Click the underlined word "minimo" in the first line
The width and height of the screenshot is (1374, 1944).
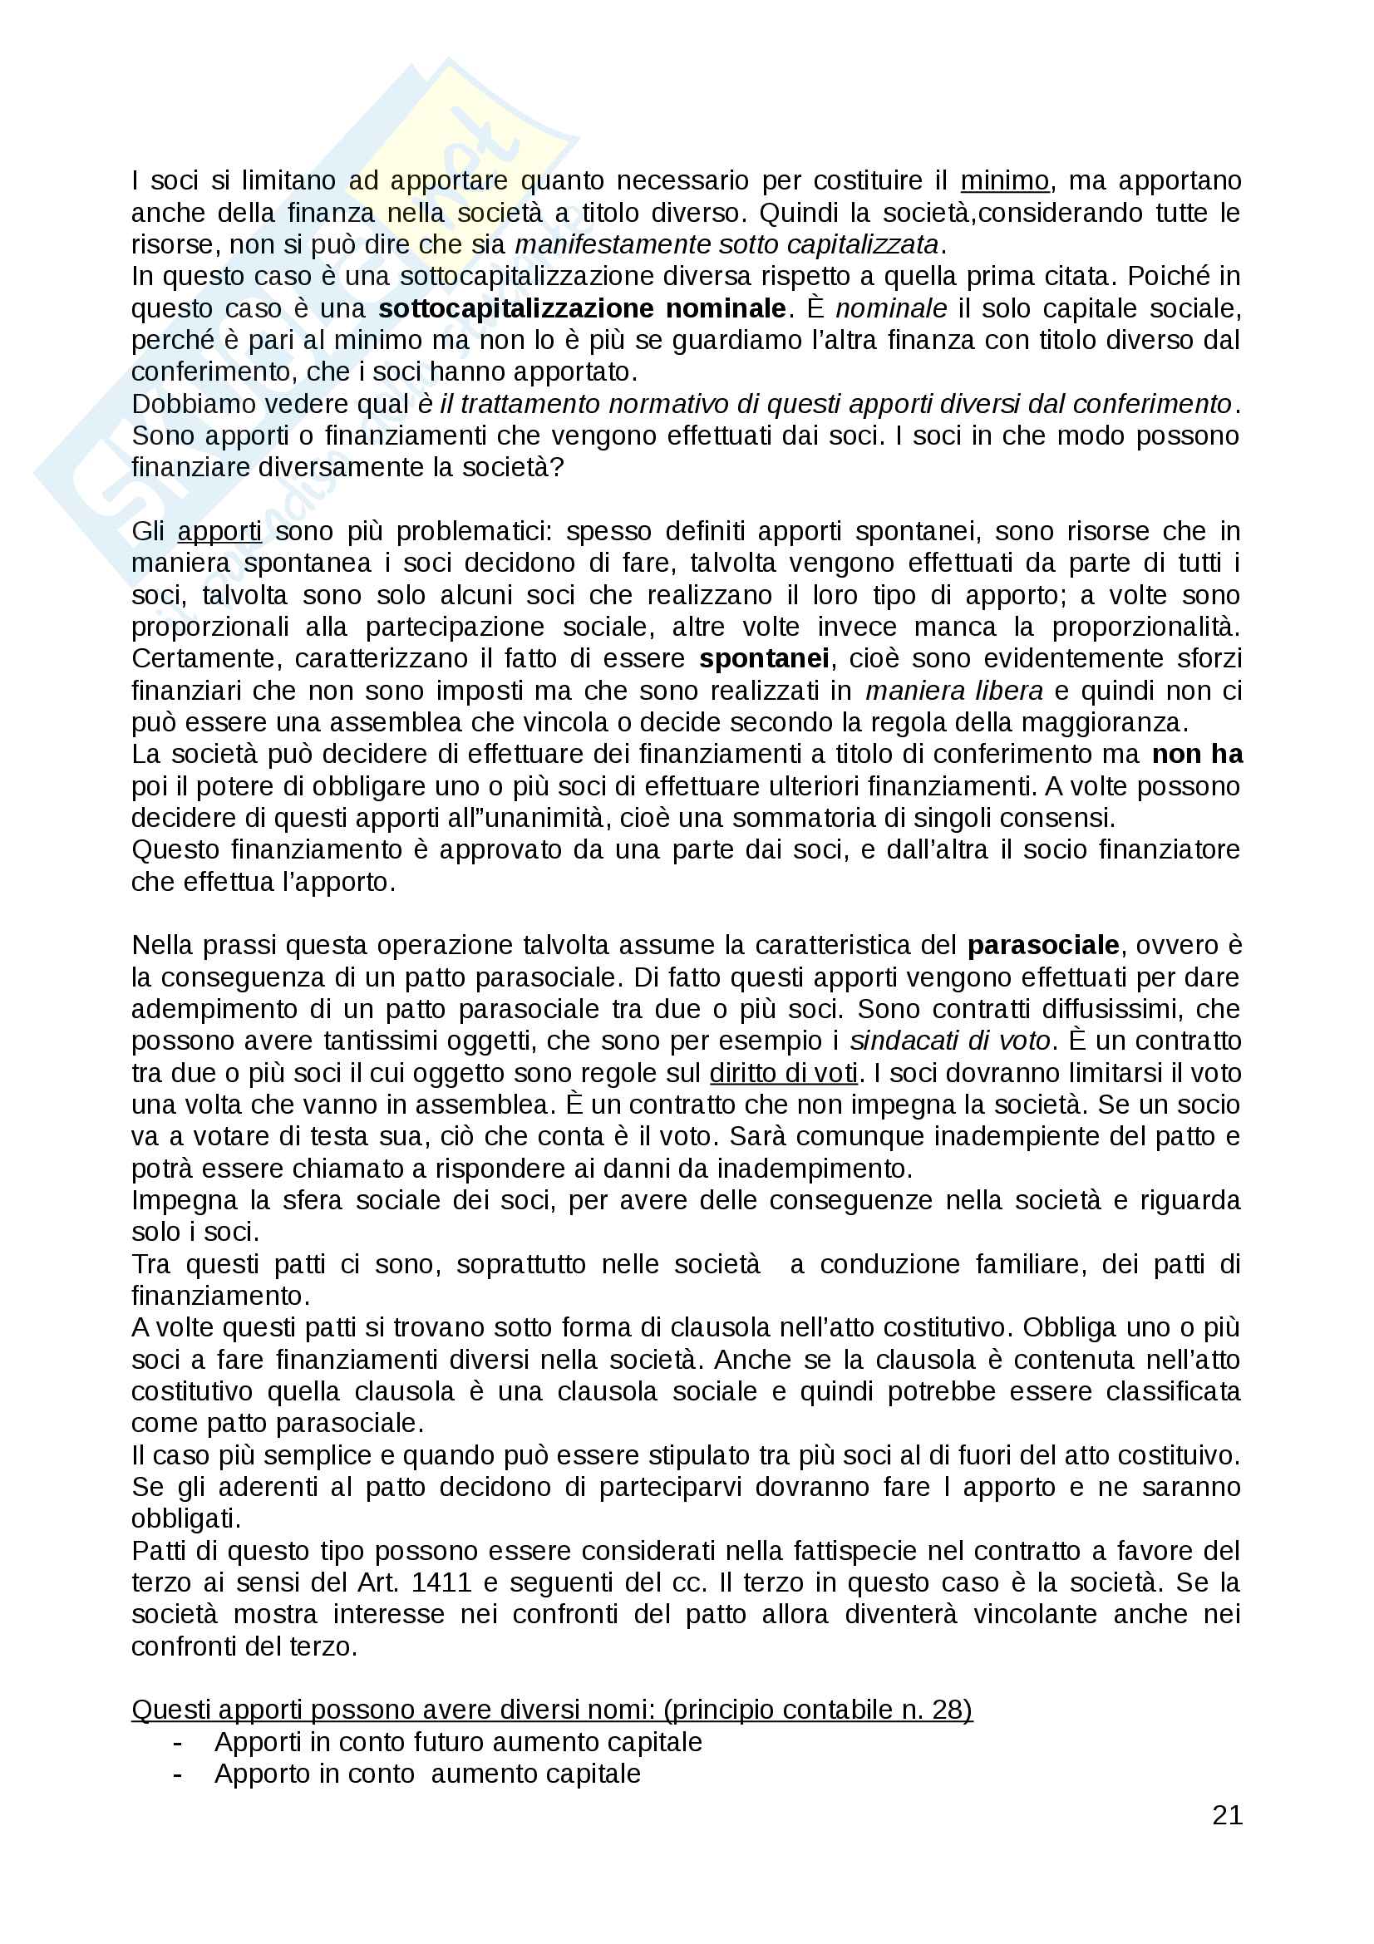(1004, 180)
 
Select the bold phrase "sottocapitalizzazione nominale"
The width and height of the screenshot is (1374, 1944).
(583, 308)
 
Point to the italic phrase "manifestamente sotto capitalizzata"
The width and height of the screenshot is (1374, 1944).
(727, 244)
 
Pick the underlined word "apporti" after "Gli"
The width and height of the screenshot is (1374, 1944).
(219, 532)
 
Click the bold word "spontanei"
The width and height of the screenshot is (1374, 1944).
(765, 659)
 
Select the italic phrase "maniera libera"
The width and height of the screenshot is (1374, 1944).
(954, 691)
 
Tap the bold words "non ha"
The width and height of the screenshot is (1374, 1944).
(1197, 755)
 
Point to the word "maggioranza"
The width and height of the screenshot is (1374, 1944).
(1103, 722)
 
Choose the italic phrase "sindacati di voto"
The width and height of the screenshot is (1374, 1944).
(950, 1041)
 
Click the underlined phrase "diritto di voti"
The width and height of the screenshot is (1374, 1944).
(784, 1073)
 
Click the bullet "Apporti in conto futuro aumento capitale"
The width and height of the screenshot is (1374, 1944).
(458, 1742)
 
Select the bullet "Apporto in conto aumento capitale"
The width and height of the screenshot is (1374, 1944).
(427, 1774)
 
